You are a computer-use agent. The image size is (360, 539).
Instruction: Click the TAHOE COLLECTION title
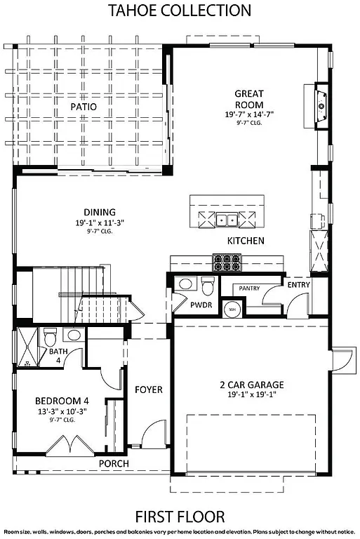pos(180,10)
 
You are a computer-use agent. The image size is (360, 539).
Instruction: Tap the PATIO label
pos(83,107)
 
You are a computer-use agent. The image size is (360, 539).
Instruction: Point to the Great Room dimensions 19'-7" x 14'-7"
pos(248,114)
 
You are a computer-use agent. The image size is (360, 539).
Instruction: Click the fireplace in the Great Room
pos(321,106)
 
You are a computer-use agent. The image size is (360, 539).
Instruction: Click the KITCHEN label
pos(245,241)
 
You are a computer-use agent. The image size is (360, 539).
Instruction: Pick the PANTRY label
pos(249,288)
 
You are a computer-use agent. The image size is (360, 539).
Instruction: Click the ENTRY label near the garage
pos(298,284)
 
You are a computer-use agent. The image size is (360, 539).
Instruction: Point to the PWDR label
pos(201,306)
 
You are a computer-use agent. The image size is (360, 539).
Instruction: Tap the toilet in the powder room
pos(208,286)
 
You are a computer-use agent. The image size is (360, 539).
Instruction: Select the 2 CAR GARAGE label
pos(251,385)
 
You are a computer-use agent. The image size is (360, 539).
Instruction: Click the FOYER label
pos(149,389)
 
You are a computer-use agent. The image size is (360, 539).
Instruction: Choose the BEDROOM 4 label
pos(62,401)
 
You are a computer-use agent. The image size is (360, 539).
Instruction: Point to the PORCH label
pos(113,463)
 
